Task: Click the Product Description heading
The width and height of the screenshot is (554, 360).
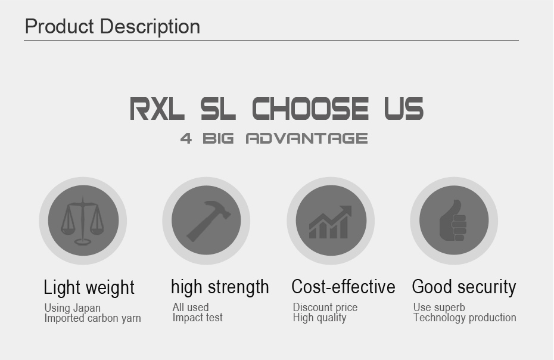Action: pos(113,27)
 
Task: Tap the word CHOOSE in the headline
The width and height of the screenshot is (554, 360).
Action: pos(310,109)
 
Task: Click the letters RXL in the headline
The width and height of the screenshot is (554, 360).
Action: pos(157,109)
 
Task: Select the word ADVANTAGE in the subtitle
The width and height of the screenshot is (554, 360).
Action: pos(307,139)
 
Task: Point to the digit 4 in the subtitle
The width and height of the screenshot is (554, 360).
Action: pos(186,139)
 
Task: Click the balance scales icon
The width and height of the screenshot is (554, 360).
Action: pos(83,221)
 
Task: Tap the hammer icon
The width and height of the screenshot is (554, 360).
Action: pos(207,221)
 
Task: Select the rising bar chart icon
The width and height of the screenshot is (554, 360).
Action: pos(331,221)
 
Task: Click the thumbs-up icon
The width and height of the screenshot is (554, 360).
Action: pos(453,221)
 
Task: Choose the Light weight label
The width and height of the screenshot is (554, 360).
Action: pos(89,288)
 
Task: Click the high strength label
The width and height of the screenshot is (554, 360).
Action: pos(220,287)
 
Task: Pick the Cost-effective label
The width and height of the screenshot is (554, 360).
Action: pos(343,287)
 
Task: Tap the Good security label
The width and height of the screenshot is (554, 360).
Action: pos(464,287)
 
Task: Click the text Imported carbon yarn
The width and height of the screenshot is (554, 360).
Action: pos(92,318)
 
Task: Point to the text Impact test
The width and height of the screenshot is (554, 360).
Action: pos(197,318)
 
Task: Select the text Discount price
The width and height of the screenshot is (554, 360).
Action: pos(325,308)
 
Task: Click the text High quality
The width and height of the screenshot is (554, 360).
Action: pos(319,318)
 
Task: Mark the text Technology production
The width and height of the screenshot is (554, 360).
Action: pos(465,318)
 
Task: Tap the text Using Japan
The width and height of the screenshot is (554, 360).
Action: pos(72,308)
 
